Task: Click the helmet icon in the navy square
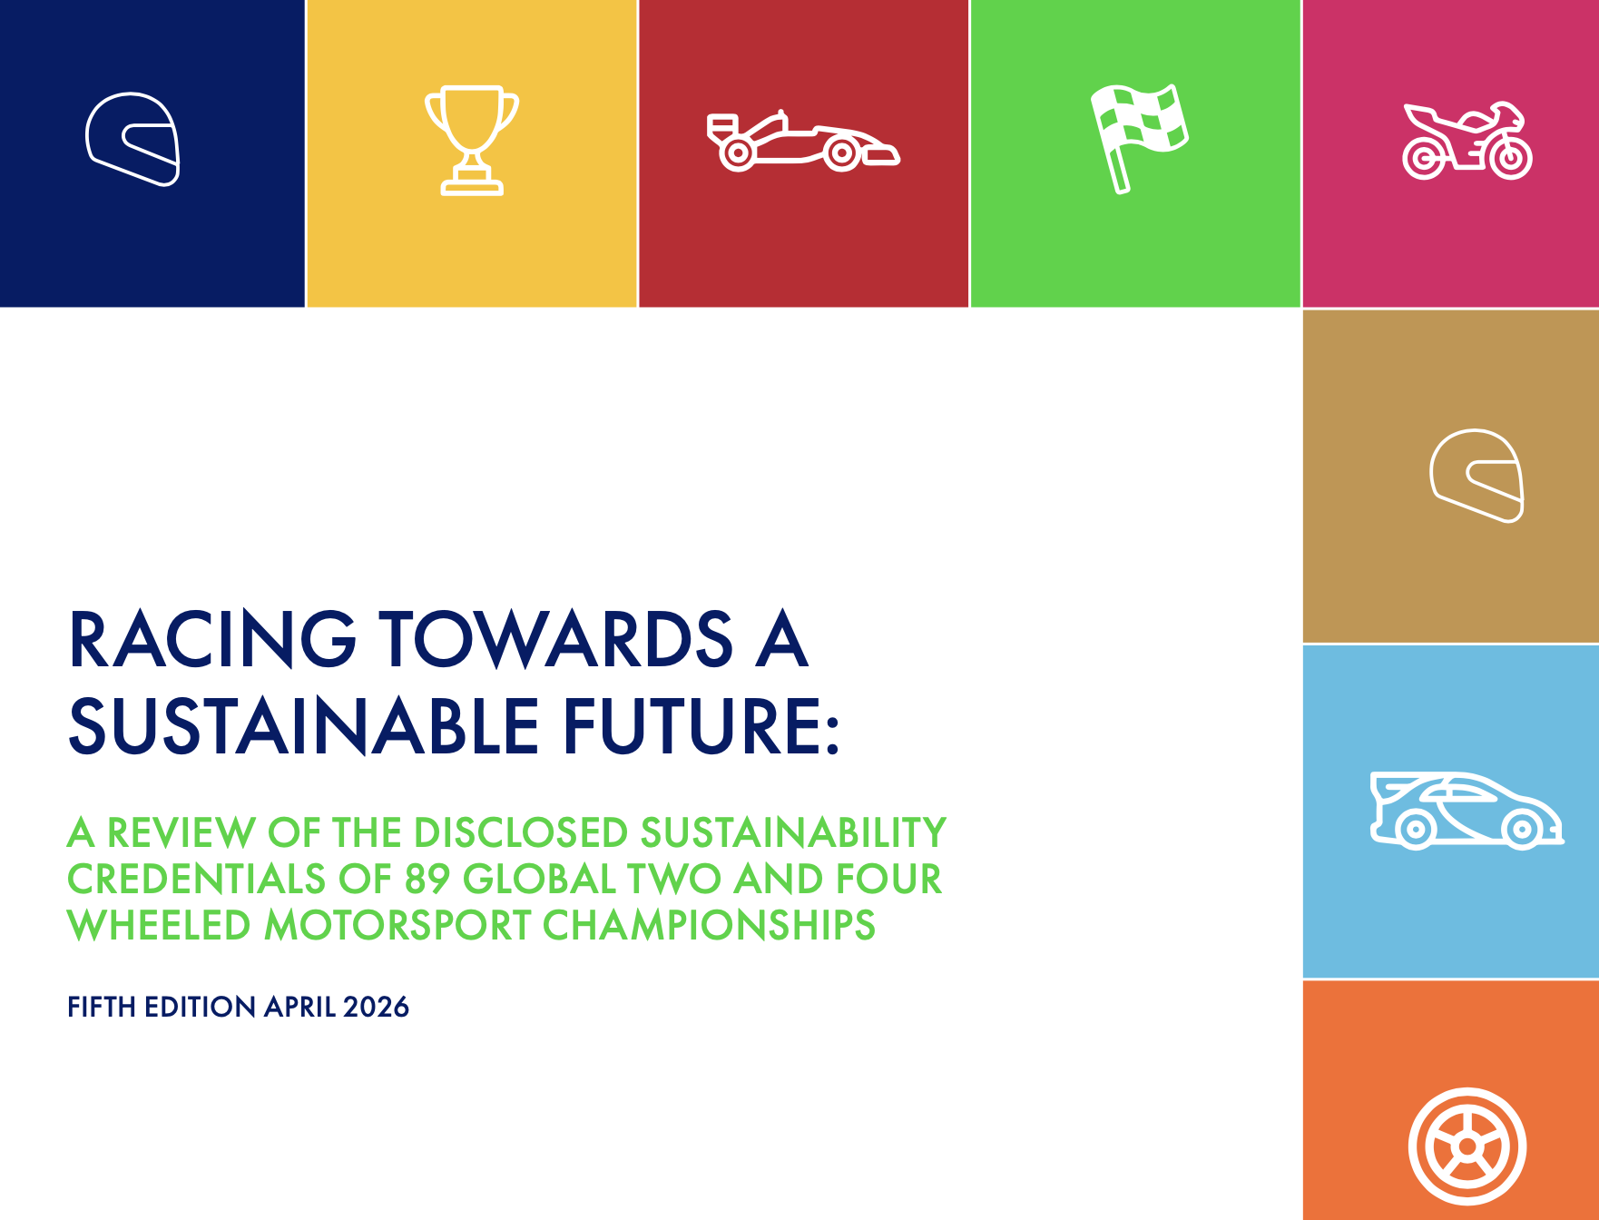133,139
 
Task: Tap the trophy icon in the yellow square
472,140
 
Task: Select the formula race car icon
803,142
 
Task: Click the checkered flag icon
1139,137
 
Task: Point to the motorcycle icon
1467,142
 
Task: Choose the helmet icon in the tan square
1476,476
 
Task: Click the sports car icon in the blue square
1466,811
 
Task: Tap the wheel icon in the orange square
1467,1146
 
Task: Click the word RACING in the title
212,640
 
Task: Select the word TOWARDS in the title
555,640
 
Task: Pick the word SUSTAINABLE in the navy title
304,726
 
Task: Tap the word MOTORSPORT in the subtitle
397,925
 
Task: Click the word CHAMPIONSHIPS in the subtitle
709,925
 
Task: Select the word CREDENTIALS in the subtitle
196,879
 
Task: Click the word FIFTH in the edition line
102,1007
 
